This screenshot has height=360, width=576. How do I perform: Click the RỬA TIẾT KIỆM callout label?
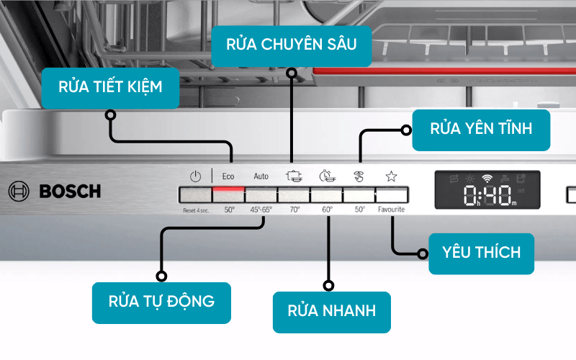110,87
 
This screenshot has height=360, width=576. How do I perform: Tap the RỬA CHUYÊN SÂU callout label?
292,45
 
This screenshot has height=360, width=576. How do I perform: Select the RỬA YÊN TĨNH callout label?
481,130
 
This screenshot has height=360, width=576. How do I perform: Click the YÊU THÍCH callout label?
481,253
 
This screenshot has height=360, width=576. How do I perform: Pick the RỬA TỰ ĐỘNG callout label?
161,301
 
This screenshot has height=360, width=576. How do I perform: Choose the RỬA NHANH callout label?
331,312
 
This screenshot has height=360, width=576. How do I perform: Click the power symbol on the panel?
195,176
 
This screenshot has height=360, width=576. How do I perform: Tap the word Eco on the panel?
228,176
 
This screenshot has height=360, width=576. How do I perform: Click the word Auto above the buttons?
261,176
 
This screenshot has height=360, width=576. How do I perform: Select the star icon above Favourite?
391,176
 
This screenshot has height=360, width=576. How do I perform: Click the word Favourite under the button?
391,210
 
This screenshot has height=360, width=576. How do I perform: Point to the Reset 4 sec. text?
195,210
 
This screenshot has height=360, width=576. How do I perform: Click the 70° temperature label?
294,210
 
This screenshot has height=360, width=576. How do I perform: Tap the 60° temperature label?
327,210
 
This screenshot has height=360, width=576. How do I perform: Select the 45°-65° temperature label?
261,210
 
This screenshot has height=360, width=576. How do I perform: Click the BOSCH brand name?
70,192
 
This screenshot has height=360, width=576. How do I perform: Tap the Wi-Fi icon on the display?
487,177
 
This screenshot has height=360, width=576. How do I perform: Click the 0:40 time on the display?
487,194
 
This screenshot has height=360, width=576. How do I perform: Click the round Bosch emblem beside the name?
19,192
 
